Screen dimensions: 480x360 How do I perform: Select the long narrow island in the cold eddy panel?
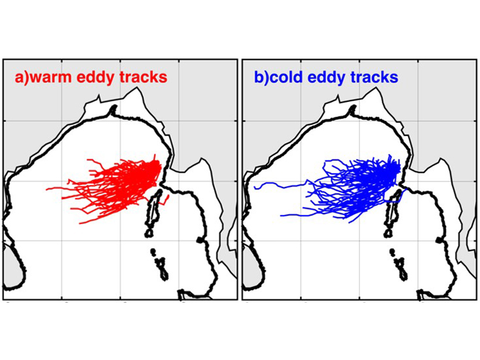393,209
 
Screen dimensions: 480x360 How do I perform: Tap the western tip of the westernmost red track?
46,190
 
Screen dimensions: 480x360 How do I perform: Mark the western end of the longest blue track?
255,187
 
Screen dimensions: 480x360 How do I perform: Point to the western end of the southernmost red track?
80,224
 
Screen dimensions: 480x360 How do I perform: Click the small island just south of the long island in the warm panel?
149,234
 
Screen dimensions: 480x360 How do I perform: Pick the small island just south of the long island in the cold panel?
388,234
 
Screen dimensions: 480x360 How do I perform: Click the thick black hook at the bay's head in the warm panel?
114,109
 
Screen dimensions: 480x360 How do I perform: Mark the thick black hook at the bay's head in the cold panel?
352,109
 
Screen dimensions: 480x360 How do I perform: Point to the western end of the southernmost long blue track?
281,216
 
